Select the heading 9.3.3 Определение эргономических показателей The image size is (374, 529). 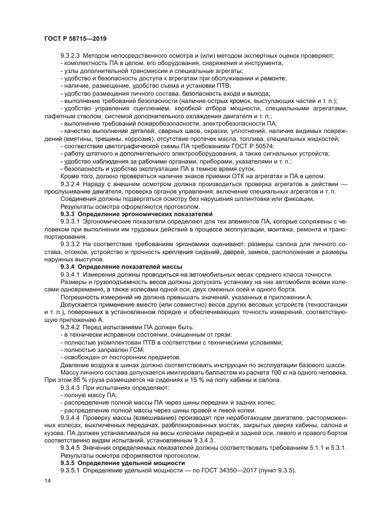coord(136,215)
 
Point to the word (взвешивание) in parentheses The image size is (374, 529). coord(135,417)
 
